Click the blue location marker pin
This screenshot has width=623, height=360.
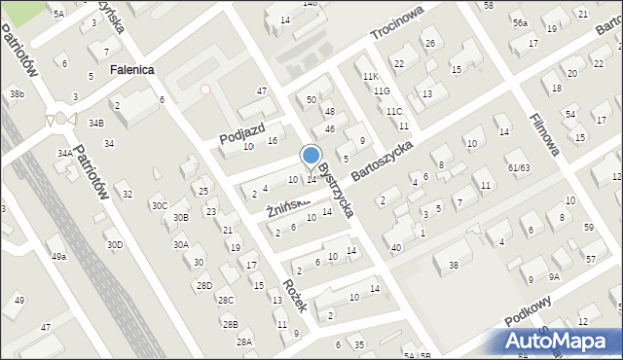(311, 156)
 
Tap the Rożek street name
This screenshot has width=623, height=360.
(295, 295)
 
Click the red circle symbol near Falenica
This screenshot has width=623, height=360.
(204, 90)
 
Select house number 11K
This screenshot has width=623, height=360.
(369, 76)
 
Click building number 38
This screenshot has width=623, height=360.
(452, 266)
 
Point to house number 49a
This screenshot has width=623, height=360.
(59, 256)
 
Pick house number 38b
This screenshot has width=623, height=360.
(17, 93)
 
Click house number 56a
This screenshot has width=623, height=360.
(521, 23)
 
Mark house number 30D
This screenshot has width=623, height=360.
(115, 244)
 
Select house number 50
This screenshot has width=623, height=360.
(311, 100)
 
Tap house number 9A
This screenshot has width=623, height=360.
(554, 276)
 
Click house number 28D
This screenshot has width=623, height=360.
(203, 285)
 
